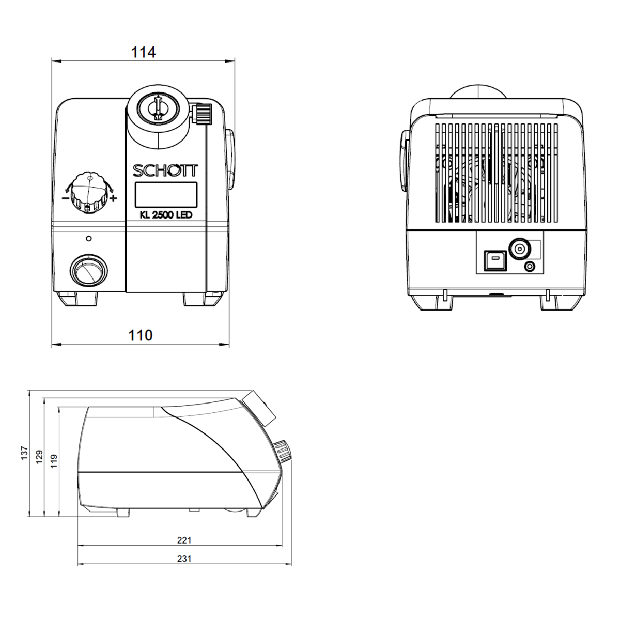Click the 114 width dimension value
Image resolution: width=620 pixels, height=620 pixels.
144,53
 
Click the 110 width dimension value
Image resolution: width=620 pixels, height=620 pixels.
141,336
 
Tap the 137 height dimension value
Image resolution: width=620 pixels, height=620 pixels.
25,453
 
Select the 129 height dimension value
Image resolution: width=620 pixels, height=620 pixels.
39,457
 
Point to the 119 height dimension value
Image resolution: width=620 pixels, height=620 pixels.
54,461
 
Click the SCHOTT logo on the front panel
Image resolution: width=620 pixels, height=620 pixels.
165,171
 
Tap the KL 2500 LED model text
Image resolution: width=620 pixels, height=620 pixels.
166,215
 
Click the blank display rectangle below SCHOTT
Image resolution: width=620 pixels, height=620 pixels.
166,195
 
